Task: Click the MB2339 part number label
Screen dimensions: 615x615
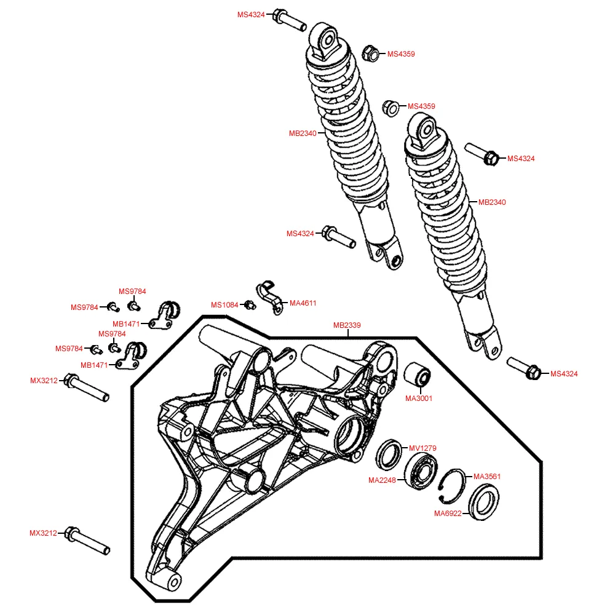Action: (347, 325)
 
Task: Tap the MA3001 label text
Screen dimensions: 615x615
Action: (419, 398)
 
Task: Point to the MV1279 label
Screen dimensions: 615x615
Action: (423, 448)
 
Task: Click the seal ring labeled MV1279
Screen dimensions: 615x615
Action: (389, 453)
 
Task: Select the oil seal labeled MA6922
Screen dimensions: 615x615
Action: (483, 501)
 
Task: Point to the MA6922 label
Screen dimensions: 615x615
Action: (448, 514)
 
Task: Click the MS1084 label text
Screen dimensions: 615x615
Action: (224, 305)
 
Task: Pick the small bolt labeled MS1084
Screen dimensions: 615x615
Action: (249, 304)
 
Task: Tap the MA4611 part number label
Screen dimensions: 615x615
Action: (303, 303)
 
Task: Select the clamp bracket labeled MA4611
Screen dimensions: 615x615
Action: (269, 296)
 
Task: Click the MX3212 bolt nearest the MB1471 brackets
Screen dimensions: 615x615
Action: (89, 389)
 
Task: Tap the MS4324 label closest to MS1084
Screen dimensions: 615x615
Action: (300, 234)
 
